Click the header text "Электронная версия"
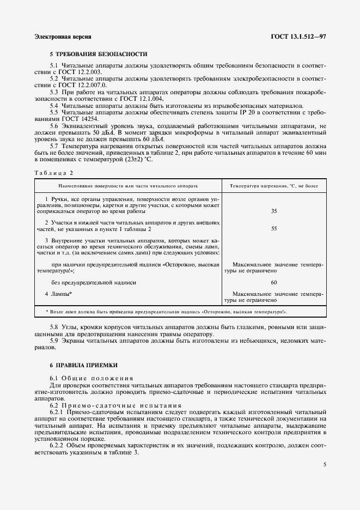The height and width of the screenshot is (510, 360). (63, 37)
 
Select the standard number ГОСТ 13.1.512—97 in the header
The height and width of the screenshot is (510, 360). (298, 37)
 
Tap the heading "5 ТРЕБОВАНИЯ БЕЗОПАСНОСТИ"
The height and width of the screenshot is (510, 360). (98, 54)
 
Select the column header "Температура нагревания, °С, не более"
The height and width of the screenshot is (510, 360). (273, 186)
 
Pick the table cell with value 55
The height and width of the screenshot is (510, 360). (273, 229)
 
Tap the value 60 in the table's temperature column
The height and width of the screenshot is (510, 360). (273, 282)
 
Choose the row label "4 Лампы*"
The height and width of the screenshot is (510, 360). (59, 294)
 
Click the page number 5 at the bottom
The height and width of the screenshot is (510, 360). (324, 465)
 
